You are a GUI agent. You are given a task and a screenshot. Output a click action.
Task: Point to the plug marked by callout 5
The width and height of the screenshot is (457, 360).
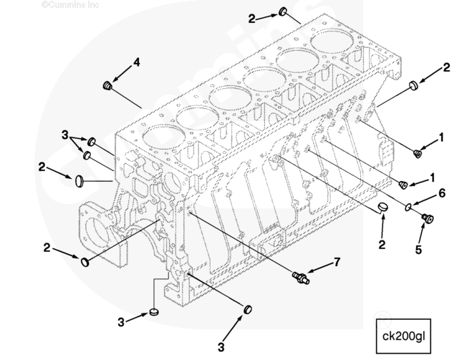(x=428, y=218)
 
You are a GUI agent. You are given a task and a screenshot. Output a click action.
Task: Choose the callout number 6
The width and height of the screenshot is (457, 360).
(x=442, y=193)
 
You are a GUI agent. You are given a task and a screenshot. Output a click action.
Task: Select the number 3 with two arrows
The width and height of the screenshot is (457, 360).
(x=64, y=134)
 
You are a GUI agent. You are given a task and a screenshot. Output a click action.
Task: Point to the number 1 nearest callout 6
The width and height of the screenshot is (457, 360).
(x=433, y=175)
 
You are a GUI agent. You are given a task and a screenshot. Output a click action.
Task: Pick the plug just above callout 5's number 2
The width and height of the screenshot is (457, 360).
(x=384, y=208)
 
